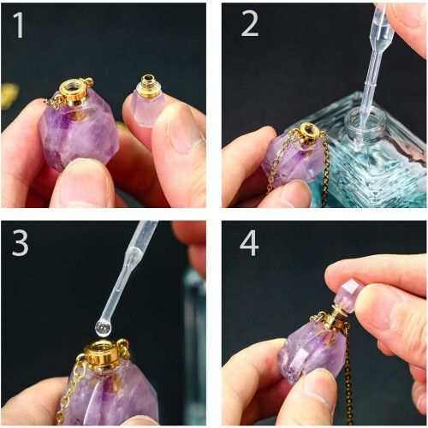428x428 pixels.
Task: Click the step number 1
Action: click(x=19, y=25)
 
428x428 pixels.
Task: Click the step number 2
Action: click(x=250, y=24)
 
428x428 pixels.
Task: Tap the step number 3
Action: click(x=20, y=243)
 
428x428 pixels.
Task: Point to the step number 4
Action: click(x=249, y=243)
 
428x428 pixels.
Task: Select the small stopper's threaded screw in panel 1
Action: click(x=148, y=83)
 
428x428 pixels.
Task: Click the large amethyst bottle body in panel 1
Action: click(x=78, y=131)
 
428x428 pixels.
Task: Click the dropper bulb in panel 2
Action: click(x=382, y=23)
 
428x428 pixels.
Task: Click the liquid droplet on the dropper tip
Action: click(x=104, y=329)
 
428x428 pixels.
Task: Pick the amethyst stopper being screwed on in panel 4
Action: click(x=348, y=295)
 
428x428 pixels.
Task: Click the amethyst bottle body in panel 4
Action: click(x=314, y=353)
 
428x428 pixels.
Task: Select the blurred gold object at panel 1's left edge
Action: click(x=9, y=97)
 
